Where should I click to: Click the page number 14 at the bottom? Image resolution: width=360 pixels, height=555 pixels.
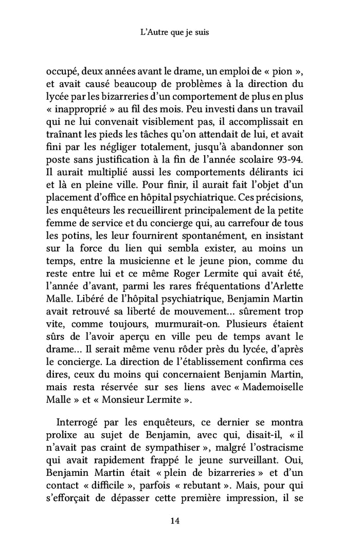pyautogui.click(x=174, y=521)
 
